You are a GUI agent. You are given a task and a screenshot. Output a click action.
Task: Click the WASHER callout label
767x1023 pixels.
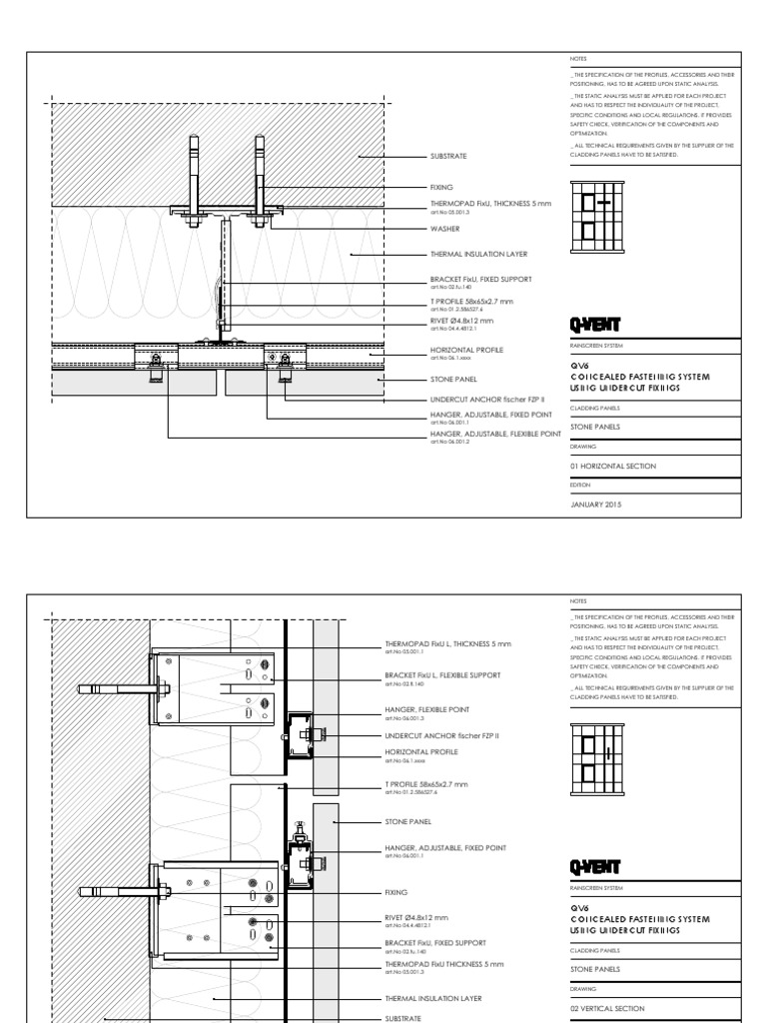(x=444, y=229)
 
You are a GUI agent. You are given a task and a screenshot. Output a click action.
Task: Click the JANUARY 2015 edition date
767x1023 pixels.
(x=595, y=505)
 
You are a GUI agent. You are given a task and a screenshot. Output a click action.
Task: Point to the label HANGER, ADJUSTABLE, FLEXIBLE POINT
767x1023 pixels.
(x=494, y=435)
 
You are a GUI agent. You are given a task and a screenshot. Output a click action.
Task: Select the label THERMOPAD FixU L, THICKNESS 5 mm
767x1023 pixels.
(x=447, y=644)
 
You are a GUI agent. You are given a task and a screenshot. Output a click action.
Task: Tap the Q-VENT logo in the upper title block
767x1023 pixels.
(x=594, y=324)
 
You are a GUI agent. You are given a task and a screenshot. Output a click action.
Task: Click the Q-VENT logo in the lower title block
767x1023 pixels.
(x=594, y=866)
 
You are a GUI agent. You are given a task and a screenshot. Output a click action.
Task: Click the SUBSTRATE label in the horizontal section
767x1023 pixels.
(x=447, y=157)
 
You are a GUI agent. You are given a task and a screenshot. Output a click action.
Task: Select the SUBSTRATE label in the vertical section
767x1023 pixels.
(x=403, y=1020)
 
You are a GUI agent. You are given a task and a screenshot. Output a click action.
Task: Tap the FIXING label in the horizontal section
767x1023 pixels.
(x=440, y=187)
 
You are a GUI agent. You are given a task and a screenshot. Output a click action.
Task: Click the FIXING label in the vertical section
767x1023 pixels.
(x=395, y=892)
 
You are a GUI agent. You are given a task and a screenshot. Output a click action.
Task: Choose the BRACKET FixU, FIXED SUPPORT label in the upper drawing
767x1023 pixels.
(x=480, y=279)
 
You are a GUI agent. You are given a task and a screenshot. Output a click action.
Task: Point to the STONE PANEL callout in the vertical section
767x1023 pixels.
(x=407, y=821)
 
